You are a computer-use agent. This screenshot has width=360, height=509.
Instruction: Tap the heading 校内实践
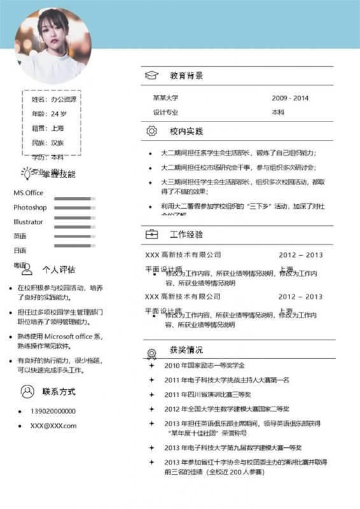[186, 131]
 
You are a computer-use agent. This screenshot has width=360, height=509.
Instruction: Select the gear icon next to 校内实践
[151, 131]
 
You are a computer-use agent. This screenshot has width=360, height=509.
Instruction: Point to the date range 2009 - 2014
[290, 98]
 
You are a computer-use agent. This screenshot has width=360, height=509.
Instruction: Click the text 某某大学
[165, 98]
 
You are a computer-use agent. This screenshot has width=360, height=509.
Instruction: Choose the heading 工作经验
[186, 234]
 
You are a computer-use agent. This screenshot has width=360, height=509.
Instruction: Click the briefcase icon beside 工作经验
[151, 234]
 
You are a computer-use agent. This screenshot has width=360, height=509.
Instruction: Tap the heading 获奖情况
[186, 350]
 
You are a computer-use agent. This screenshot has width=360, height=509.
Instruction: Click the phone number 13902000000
[53, 411]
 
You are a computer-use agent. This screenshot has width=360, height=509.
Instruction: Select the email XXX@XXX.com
[53, 426]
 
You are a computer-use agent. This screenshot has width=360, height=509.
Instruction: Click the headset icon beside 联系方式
[27, 390]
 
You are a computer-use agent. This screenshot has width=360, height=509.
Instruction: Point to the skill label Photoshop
[30, 207]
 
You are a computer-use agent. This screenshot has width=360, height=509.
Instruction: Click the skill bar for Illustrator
[74, 222]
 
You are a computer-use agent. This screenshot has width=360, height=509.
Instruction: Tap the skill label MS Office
[28, 193]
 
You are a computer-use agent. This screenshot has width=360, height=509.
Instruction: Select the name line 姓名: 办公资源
[53, 99]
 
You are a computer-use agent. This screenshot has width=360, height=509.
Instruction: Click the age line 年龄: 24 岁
[49, 114]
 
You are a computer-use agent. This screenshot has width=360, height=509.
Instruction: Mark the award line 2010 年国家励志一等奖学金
[204, 365]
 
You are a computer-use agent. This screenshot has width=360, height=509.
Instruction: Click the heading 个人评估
[59, 268]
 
